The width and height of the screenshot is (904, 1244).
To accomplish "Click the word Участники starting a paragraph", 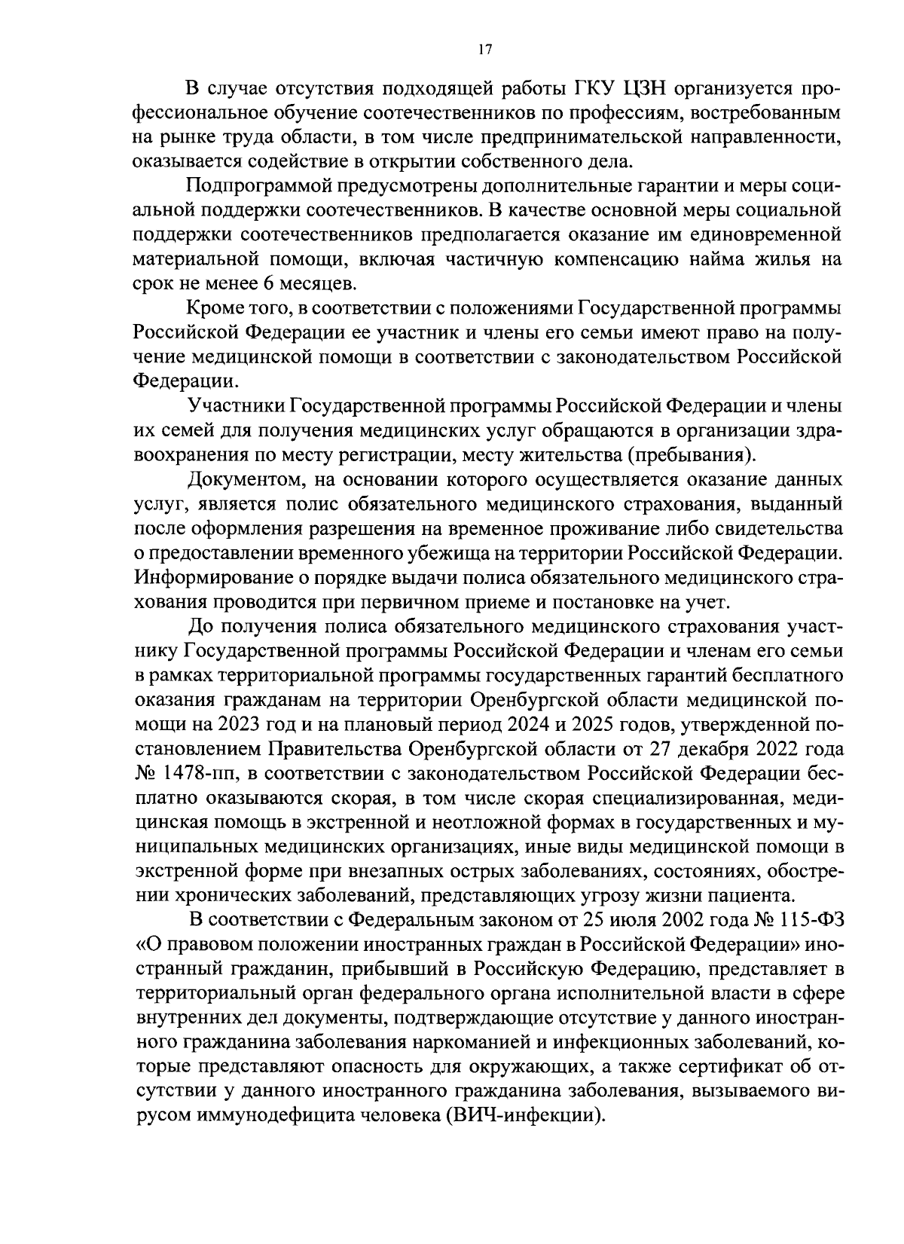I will point(234,405).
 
